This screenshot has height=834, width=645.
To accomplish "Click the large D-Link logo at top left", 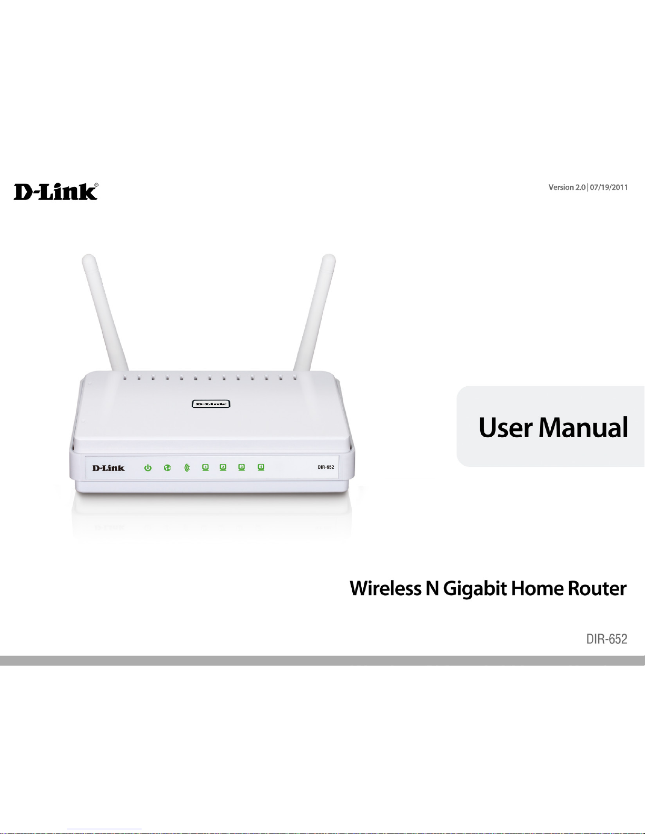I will coord(56,192).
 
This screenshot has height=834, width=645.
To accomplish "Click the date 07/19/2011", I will coord(609,187).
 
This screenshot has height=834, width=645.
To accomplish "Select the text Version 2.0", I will coord(567,187).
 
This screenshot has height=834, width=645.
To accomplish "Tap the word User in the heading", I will coord(505,427).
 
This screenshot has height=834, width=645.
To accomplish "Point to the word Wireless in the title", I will coord(385,588).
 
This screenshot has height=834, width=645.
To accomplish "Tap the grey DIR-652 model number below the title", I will coord(607,639).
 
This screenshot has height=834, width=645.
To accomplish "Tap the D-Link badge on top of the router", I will coord(211,404).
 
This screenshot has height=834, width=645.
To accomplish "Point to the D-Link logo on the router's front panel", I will coord(108,468).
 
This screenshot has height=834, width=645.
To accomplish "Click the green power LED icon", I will coord(148,468).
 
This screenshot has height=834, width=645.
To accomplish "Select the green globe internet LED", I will coord(167,468).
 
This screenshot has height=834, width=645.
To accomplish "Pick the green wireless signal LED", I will coord(186,468).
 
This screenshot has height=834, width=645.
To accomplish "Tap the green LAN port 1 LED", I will coord(205,467).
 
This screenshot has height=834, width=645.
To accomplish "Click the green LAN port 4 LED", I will coord(261,467).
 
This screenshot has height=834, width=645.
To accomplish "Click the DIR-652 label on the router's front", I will coord(326,467).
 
